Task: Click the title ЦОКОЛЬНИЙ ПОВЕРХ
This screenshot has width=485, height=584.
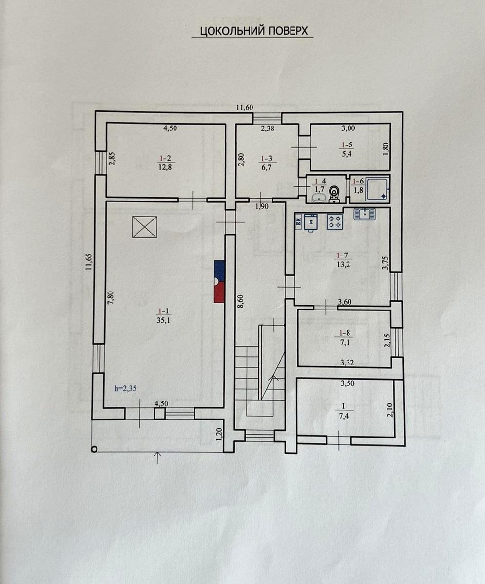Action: [x=254, y=31]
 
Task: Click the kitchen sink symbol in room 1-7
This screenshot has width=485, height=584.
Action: [x=365, y=214]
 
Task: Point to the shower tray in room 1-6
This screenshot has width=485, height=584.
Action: [x=377, y=189]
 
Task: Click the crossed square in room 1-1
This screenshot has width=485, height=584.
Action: [x=145, y=227]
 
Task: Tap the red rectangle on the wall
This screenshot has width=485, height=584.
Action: [x=219, y=292]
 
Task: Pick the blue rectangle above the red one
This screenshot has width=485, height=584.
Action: [x=219, y=271]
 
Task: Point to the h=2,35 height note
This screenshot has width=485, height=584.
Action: [x=125, y=388]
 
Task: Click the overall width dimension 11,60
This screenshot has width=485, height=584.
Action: [x=245, y=108]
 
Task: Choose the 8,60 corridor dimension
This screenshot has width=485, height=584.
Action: [x=240, y=300]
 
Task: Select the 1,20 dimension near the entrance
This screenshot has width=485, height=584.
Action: [x=219, y=435]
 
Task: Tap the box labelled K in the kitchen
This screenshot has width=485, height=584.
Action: [x=310, y=222]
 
